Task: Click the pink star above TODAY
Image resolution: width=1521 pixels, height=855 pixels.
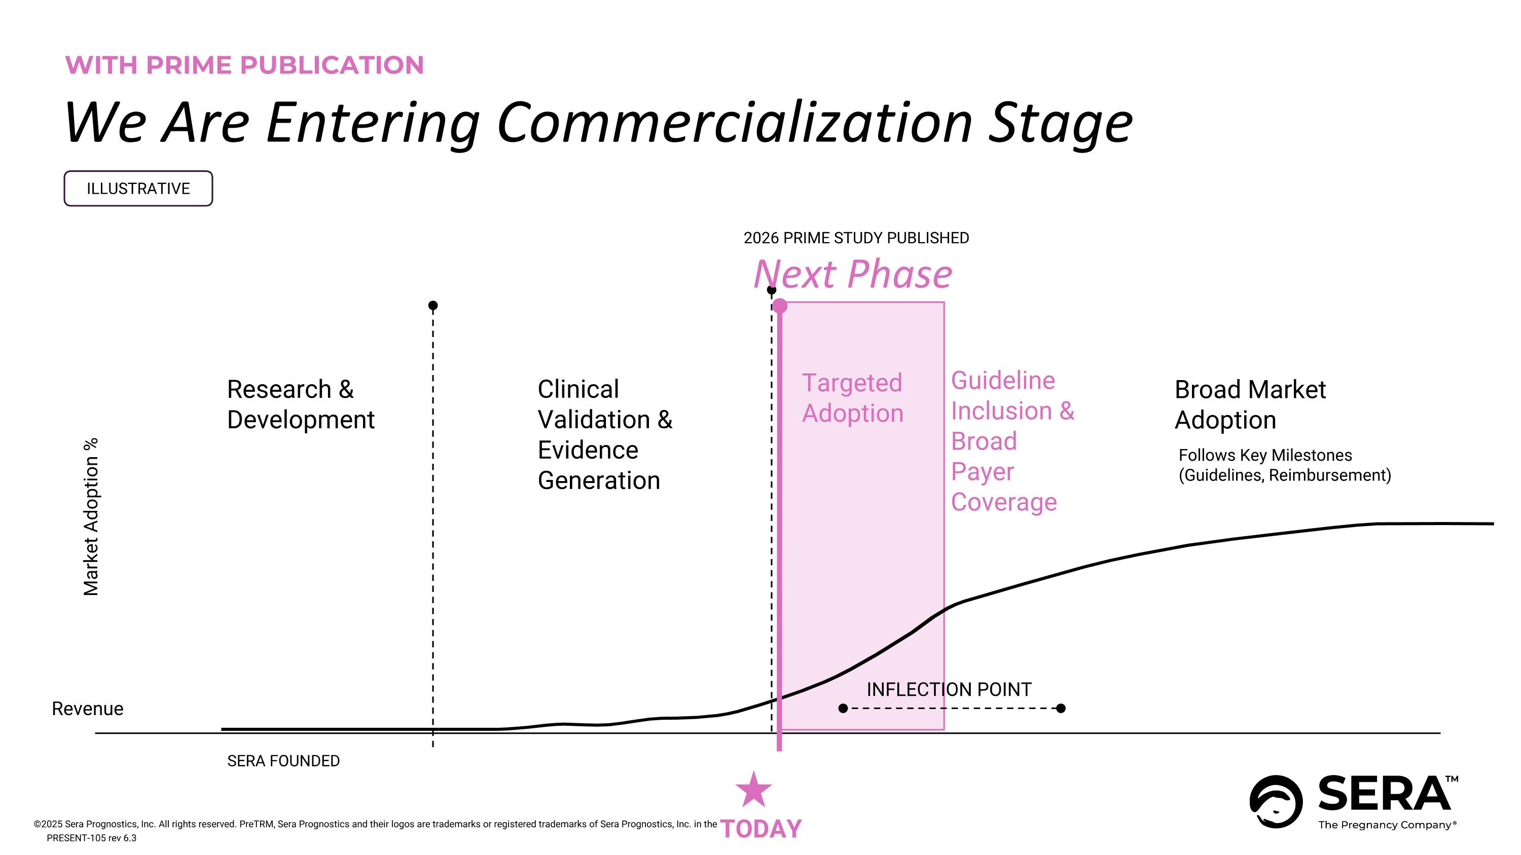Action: click(753, 791)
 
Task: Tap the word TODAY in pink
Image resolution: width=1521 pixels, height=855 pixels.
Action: click(761, 829)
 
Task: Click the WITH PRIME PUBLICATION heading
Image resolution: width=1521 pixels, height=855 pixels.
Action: click(244, 65)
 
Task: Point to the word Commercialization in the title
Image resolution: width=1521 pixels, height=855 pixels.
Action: click(735, 123)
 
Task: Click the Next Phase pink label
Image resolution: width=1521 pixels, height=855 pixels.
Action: click(853, 274)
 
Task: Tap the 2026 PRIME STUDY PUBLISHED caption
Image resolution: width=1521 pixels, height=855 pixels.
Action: click(856, 238)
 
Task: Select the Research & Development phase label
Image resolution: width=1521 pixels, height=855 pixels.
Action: click(300, 405)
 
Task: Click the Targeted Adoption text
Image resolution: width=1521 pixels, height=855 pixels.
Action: click(852, 398)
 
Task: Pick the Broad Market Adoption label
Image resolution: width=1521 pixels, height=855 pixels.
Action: click(1249, 405)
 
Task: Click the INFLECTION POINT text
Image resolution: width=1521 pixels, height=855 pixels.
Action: click(948, 689)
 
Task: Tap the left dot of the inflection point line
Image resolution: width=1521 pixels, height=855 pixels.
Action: click(843, 708)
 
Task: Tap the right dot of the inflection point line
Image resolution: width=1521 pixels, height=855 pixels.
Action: click(1061, 708)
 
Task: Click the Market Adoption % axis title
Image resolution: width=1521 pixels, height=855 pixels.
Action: click(91, 517)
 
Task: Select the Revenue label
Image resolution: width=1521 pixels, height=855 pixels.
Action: click(87, 709)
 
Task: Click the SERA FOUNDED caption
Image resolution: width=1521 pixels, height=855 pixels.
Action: click(283, 761)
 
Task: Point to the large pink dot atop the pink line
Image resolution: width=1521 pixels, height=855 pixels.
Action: click(779, 306)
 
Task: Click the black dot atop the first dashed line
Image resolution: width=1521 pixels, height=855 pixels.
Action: click(433, 305)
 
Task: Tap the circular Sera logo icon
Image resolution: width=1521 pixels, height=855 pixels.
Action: click(1276, 801)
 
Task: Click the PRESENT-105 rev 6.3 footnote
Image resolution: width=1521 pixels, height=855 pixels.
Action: click(92, 838)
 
